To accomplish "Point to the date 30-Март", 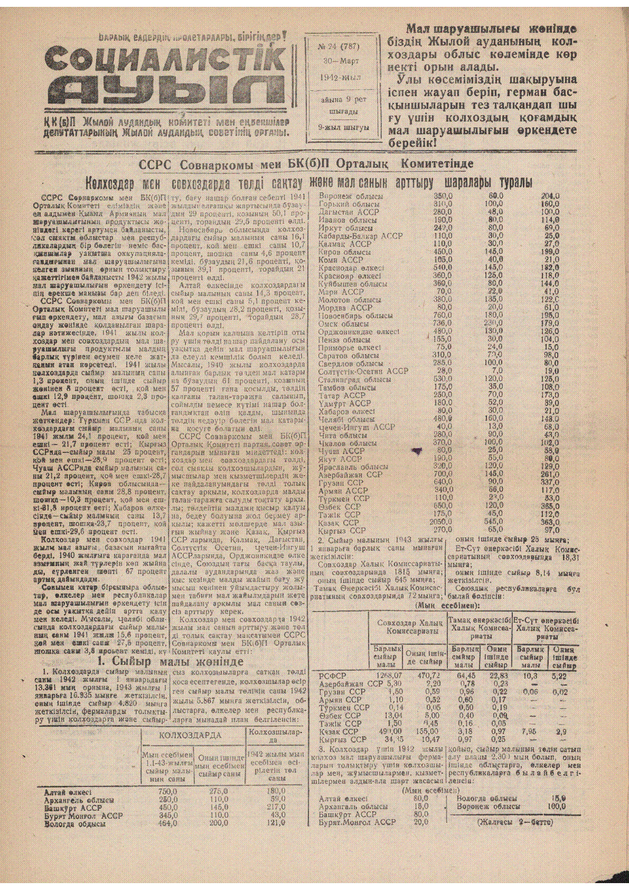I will pos(341,61).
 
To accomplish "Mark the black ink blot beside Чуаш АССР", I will pos(418,451).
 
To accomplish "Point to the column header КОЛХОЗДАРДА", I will pos(190,735).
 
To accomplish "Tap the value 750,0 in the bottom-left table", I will pos(168,792).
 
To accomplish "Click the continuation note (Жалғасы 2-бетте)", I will pos(515,822).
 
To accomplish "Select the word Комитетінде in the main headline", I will pos(437,164).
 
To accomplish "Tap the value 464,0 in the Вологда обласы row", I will pos(168,823).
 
